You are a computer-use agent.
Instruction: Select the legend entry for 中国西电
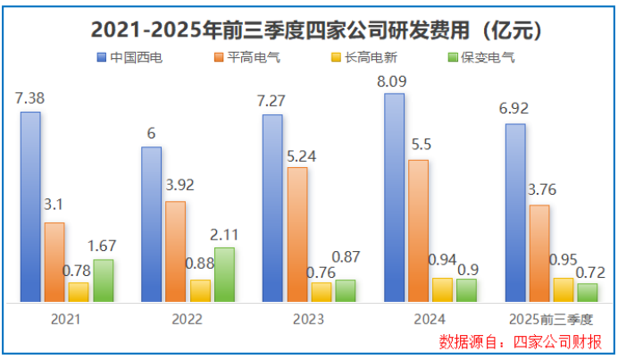pyautogui.click(x=136, y=59)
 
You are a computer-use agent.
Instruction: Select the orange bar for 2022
pyautogui.click(x=176, y=252)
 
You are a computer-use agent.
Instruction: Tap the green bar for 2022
pyautogui.click(x=225, y=274)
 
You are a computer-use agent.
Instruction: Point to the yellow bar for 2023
pyautogui.click(x=321, y=292)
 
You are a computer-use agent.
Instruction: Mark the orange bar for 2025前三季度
pyautogui.click(x=539, y=254)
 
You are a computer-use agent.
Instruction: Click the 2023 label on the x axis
pyautogui.click(x=308, y=319)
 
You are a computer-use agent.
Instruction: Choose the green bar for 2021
pyautogui.click(x=104, y=280)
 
